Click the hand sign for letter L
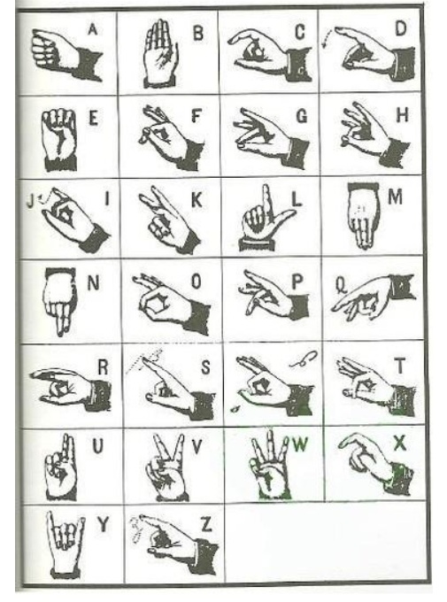coord(261,218)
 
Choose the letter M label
coord(395,197)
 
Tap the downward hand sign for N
coord(61,300)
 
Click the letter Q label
coord(340,284)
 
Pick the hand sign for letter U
coord(60,465)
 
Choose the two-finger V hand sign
coord(166,466)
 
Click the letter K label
coord(196,200)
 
